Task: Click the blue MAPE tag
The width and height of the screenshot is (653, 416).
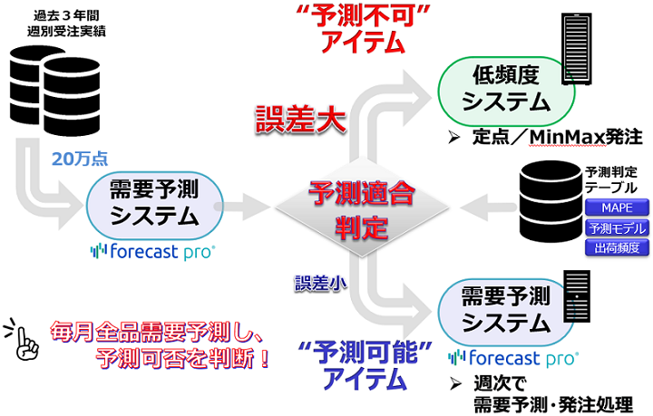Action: pos(609,208)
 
